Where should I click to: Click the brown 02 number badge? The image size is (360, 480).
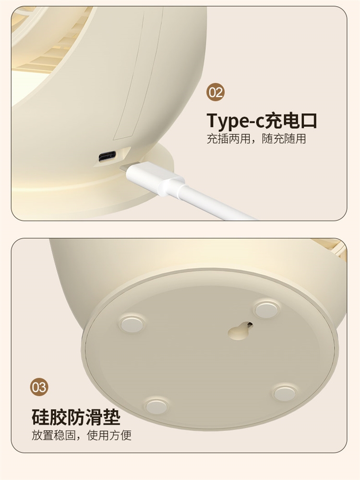216,92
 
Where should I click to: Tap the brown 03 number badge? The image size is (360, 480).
39,387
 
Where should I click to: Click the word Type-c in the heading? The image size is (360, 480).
235,121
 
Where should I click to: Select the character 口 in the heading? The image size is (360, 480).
307,121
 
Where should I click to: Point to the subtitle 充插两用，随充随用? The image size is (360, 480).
256,139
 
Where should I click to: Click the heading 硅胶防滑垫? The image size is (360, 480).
76,417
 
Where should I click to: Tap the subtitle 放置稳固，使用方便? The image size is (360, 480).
81,435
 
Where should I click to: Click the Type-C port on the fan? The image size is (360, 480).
108,157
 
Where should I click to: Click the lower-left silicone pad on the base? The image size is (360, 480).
156,406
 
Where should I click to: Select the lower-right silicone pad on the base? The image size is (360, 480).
285,393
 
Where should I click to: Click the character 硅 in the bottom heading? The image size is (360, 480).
40,417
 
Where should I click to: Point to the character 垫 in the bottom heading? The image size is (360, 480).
112,417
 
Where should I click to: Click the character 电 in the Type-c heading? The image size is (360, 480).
289,121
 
